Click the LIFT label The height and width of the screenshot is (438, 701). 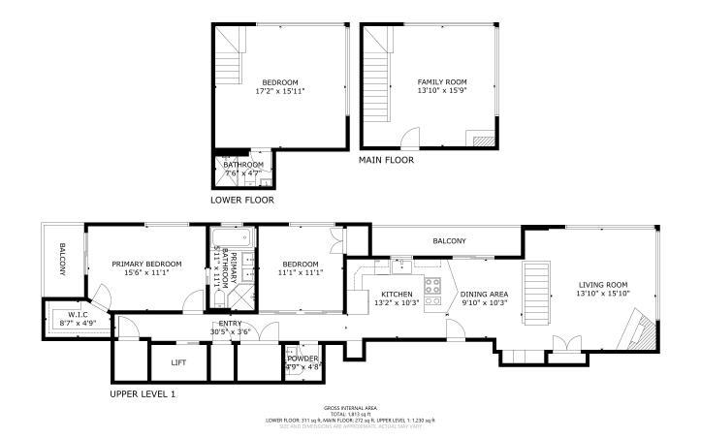pos(178,362)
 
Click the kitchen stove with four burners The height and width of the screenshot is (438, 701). pos(432,292)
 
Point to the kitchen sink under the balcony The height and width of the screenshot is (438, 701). pos(401,264)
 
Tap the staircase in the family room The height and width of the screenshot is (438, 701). pos(377,82)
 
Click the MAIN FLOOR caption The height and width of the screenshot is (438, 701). pos(386,160)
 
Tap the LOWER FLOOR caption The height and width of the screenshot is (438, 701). pos(242,201)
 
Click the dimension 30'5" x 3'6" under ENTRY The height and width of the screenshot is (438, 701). pos(231,332)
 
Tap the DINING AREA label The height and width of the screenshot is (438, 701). pos(484,294)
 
